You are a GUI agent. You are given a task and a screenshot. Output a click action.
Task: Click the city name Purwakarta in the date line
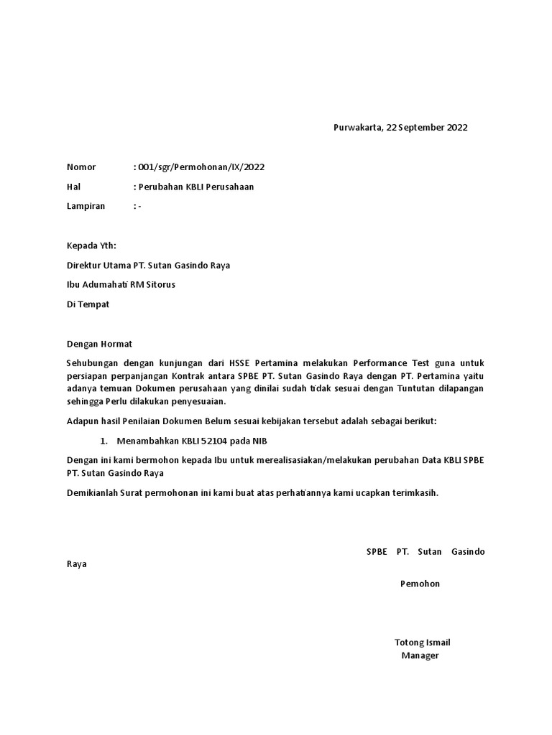coord(357,128)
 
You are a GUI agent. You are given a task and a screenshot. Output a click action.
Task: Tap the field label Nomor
coord(81,167)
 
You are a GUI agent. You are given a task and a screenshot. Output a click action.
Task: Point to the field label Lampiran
coord(86,206)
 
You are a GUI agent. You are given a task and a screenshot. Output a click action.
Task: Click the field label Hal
coord(73,187)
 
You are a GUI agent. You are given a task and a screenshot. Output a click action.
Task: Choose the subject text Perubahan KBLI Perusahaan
coord(195,187)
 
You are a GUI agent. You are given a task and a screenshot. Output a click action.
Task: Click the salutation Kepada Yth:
coord(91,245)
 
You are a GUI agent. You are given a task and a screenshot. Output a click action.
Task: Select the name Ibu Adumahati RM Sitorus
coord(121,284)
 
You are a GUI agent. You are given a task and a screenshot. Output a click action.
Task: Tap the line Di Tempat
coord(88,304)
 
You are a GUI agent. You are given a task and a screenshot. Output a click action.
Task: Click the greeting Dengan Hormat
coord(99,344)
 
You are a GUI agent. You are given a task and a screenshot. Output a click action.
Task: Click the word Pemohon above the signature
coord(420,584)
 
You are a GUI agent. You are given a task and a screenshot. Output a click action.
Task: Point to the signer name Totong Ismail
coord(422,642)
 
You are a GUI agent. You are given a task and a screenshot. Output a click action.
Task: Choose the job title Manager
coord(420,655)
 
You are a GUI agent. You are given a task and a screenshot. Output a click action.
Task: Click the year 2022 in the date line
coord(457,128)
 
